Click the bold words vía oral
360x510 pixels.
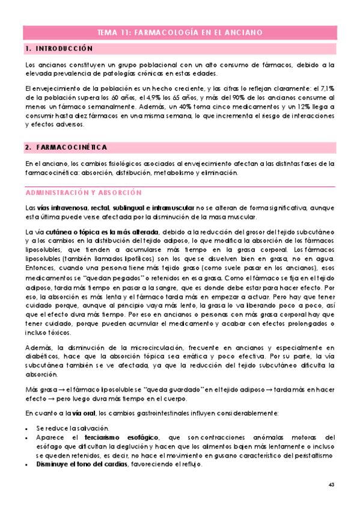[x=85, y=414]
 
